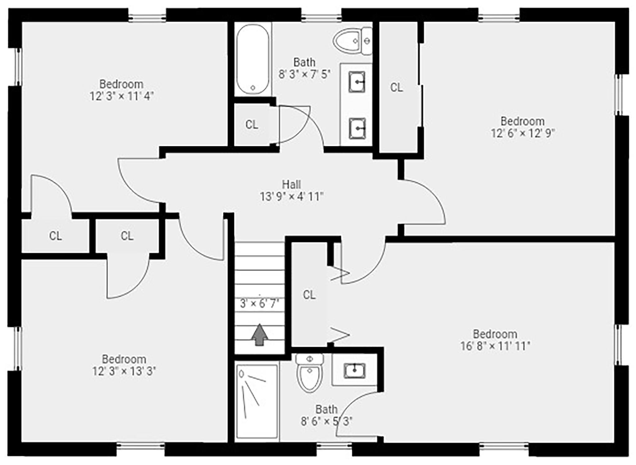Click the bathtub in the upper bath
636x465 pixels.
252,59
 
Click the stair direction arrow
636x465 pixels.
259,335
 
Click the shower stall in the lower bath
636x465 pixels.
257,401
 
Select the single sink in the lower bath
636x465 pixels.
354,370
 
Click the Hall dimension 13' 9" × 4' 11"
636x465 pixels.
292,197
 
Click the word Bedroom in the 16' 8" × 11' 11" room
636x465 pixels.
495,334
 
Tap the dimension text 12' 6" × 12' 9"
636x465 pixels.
522,133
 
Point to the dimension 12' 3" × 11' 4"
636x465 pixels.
121,96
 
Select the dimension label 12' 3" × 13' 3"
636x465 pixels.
124,371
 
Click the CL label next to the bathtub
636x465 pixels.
252,125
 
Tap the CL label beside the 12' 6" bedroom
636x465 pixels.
396,88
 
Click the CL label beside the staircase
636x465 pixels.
309,295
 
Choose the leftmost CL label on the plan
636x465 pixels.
55,236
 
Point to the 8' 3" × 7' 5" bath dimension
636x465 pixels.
304,75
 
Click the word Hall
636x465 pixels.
291,184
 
